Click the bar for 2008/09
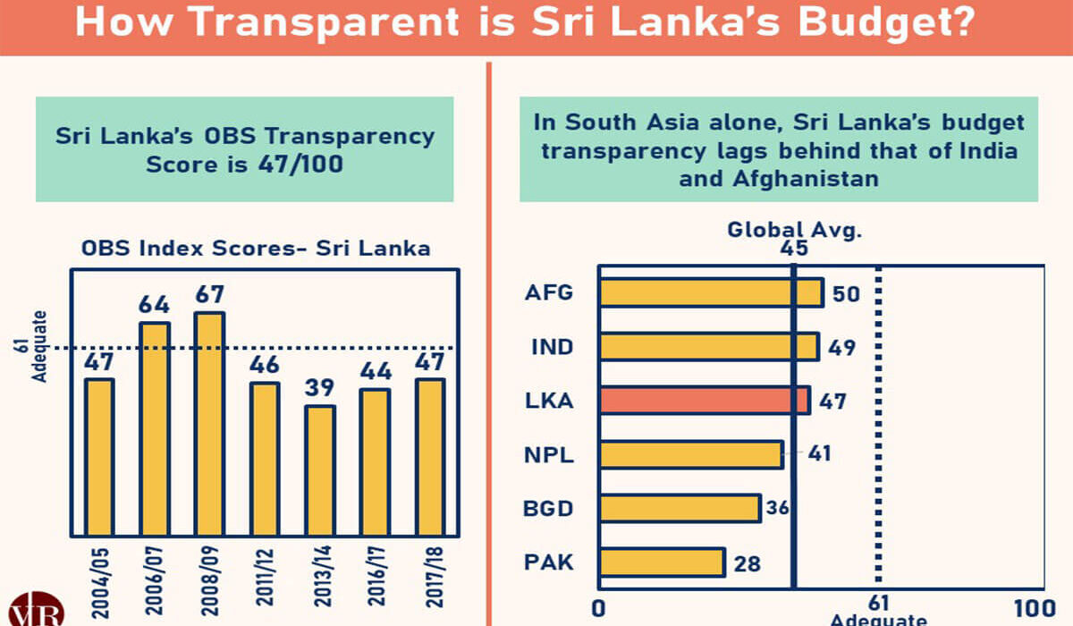point(209,420)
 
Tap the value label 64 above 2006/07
point(154,304)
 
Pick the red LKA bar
point(705,400)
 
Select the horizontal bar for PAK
point(662,563)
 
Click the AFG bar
point(711,292)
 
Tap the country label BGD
point(548,509)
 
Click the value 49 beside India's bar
point(841,347)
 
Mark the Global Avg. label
point(794,229)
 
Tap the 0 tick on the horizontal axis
point(599,607)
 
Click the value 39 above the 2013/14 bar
point(320,389)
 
